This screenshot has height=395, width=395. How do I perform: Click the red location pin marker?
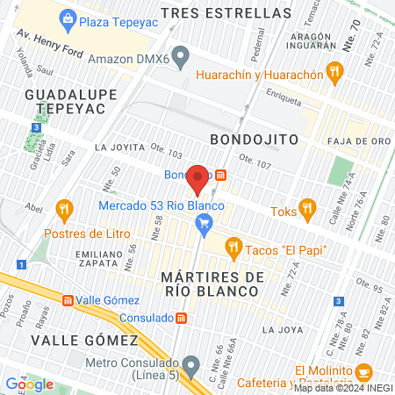[197, 179]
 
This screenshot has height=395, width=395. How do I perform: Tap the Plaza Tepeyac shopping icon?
[67, 19]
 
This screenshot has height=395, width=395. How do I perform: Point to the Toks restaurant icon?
[306, 209]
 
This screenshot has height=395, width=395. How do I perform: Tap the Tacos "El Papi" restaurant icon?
[233, 249]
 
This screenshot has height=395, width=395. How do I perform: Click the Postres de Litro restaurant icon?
[62, 209]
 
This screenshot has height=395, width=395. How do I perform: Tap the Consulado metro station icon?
[181, 317]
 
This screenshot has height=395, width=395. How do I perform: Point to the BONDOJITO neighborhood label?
[255, 140]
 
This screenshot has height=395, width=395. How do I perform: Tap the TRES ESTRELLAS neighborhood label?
[239, 14]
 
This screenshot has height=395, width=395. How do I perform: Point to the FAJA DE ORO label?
[355, 140]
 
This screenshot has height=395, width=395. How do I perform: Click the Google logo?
[28, 384]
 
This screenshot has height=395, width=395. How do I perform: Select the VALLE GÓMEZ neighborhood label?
[84, 340]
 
